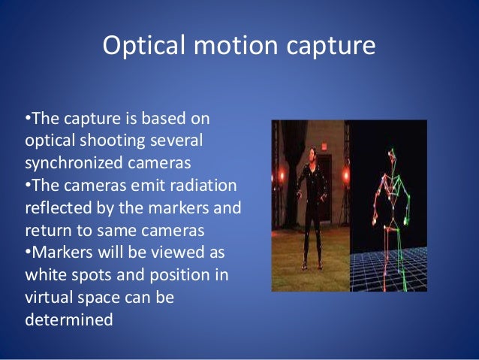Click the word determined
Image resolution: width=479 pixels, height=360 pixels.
click(69, 319)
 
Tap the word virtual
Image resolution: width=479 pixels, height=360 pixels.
click(49, 296)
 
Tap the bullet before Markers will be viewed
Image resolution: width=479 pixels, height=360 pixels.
click(28, 252)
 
